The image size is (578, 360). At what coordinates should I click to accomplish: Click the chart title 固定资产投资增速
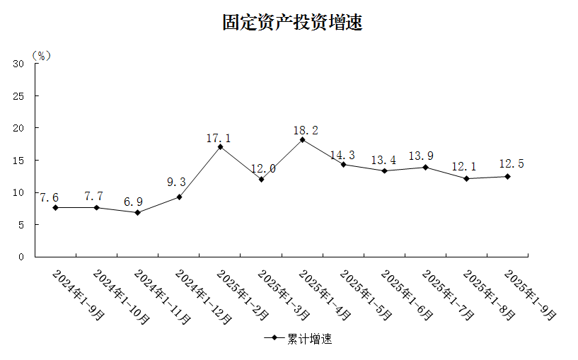click(291, 23)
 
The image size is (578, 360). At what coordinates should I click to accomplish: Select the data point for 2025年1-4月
click(302, 139)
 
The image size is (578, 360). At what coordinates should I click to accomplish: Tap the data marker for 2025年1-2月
click(220, 146)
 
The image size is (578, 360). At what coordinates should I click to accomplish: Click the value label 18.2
click(306, 131)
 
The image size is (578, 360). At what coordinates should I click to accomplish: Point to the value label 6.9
click(133, 202)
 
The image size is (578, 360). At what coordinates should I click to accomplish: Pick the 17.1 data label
click(219, 138)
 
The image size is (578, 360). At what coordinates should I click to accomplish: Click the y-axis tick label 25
click(19, 95)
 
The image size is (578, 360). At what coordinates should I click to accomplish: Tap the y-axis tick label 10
click(19, 192)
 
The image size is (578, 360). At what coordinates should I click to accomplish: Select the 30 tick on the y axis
click(19, 64)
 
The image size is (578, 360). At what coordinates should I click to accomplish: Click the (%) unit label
click(42, 55)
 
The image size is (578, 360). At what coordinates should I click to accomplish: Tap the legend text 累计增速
click(309, 339)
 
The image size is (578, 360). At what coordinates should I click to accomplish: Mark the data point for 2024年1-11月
click(137, 212)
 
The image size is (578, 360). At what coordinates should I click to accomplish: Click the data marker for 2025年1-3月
click(261, 179)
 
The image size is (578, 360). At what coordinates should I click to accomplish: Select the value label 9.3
click(176, 182)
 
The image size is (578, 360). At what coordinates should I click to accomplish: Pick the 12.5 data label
click(511, 164)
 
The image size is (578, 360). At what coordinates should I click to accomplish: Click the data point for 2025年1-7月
click(425, 167)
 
